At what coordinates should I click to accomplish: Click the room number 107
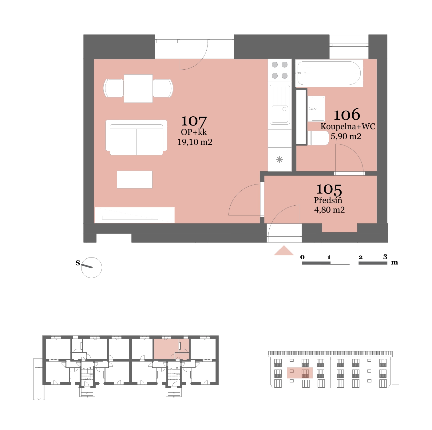pyautogui.click(x=194, y=121)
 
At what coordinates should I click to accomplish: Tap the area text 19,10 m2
pyautogui.click(x=195, y=142)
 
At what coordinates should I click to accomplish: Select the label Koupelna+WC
pyautogui.click(x=348, y=126)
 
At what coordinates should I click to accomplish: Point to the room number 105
pyautogui.click(x=329, y=189)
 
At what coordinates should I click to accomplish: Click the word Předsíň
pyautogui.click(x=328, y=200)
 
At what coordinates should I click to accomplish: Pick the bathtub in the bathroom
pyautogui.click(x=329, y=73)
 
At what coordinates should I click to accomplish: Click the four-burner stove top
pyautogui.click(x=279, y=70)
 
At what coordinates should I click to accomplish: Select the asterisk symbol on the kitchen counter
pyautogui.click(x=279, y=160)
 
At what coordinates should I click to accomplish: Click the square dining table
pyautogui.click(x=138, y=88)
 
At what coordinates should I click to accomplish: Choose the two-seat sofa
pyautogui.click(x=136, y=138)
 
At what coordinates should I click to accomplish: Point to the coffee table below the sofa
pyautogui.click(x=134, y=180)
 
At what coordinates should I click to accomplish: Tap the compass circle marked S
pyautogui.click(x=91, y=268)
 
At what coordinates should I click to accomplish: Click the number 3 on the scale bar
pyautogui.click(x=385, y=257)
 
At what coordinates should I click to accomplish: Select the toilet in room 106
pyautogui.click(x=318, y=138)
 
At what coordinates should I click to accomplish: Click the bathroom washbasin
pyautogui.click(x=316, y=109)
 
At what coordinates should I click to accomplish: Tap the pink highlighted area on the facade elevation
pyautogui.click(x=300, y=373)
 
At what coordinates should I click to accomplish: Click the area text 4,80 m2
pyautogui.click(x=329, y=210)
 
